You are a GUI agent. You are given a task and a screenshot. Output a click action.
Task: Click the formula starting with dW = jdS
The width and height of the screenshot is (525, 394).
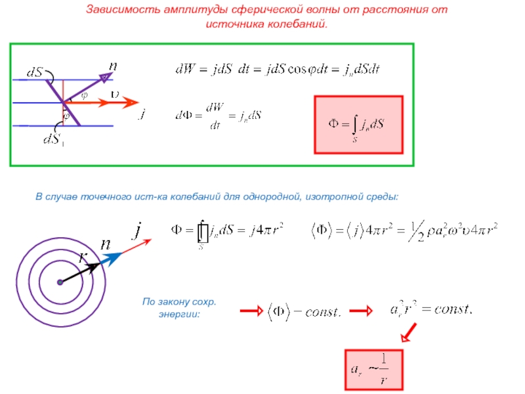tap(278, 69)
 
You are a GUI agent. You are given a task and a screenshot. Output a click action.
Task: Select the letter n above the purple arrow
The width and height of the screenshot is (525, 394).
tap(113, 66)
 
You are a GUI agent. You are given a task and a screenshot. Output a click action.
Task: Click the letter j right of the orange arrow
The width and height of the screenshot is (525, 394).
tap(142, 114)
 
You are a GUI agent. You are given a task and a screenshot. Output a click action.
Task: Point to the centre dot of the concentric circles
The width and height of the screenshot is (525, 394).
tap(60, 282)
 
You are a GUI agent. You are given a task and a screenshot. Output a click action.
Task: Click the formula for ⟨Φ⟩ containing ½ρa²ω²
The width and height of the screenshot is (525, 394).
tap(404, 231)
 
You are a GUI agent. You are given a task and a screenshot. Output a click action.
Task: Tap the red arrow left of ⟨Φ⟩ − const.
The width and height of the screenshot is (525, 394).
tap(251, 311)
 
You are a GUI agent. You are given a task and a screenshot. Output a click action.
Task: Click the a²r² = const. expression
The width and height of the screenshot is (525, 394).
tap(432, 308)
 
